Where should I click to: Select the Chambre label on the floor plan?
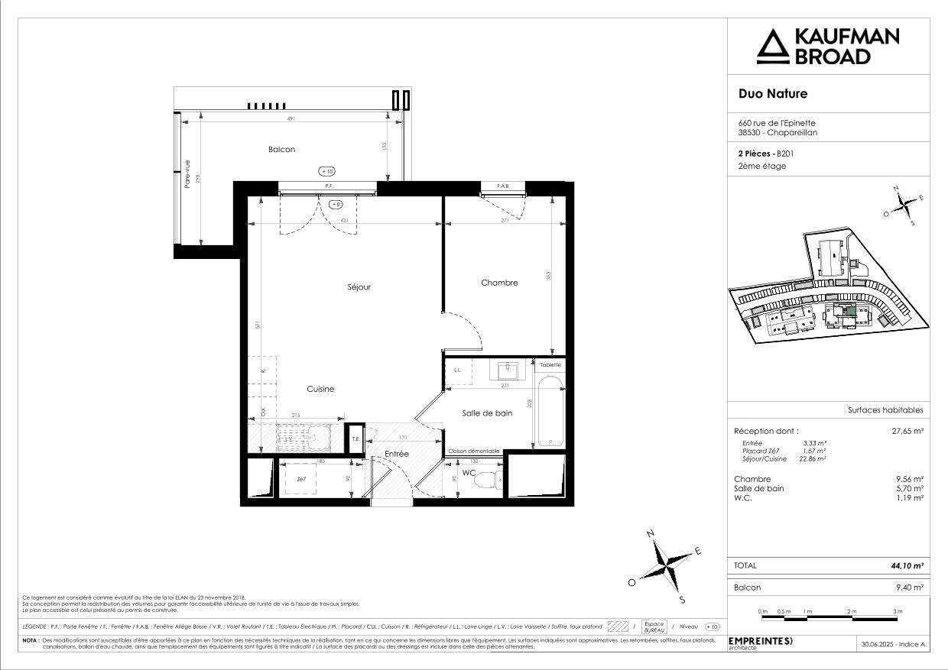click(x=499, y=283)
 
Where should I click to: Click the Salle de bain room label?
click(x=487, y=413)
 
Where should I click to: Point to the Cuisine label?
click(x=320, y=389)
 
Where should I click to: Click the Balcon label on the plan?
click(x=281, y=150)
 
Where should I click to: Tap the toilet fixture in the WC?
click(x=497, y=480)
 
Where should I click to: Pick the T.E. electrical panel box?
click(x=355, y=439)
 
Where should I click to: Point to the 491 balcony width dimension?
click(x=291, y=119)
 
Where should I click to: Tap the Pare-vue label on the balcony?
click(x=186, y=173)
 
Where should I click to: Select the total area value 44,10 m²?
click(x=907, y=566)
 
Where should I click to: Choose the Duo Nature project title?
click(x=772, y=94)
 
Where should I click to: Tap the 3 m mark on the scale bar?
click(x=898, y=612)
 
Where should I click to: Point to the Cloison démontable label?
click(x=474, y=452)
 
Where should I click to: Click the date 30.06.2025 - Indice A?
click(x=892, y=645)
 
